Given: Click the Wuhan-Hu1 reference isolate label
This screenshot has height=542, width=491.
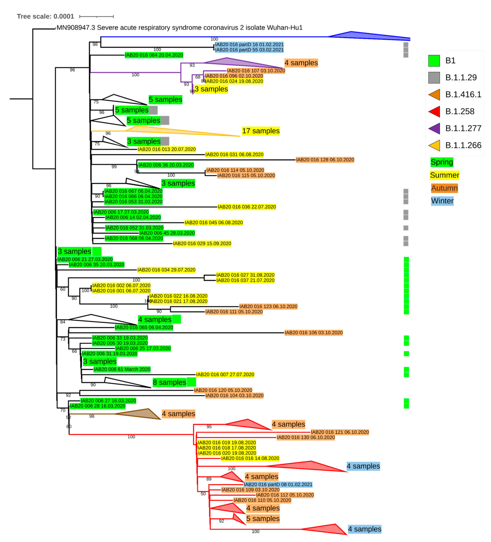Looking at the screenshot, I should (x=179, y=28).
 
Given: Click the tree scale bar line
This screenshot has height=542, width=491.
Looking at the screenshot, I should (x=97, y=17).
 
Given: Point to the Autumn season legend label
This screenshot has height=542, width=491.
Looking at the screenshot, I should (x=444, y=188).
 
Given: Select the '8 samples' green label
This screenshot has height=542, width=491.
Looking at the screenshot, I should (x=169, y=382).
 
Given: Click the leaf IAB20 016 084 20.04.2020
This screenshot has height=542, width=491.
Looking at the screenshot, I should (x=154, y=55).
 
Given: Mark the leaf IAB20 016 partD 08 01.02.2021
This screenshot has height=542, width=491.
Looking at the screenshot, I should (x=278, y=485).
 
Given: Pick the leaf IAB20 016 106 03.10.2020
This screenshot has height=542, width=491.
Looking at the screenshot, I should (x=314, y=333).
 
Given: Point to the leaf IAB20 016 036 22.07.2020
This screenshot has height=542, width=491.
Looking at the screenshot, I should (x=247, y=207).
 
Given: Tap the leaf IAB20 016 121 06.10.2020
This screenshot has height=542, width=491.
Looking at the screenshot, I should (x=340, y=432).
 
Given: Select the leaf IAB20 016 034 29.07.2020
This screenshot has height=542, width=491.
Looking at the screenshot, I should (x=166, y=270).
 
